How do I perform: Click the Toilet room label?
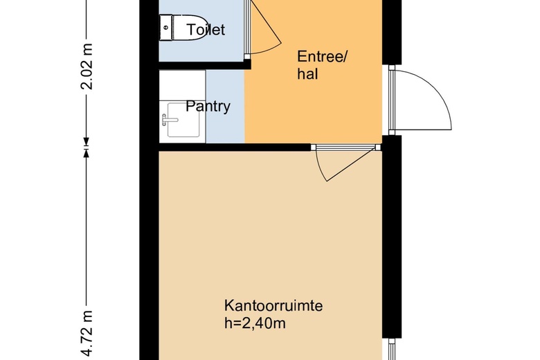[206, 30]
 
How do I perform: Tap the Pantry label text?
[208, 107]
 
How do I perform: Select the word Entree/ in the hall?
[323, 57]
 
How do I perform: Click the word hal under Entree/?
[307, 74]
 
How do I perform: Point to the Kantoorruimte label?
[273, 305]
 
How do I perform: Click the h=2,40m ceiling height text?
[255, 323]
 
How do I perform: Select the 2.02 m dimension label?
[87, 66]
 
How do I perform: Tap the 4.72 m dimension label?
[87, 333]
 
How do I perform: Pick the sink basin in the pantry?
[183, 120]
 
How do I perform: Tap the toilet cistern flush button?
[166, 28]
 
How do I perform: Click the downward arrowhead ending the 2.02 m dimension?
[86, 142]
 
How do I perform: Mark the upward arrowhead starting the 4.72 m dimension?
[86, 153]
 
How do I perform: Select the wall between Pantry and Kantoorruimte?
[235, 147]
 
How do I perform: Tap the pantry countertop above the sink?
[183, 85]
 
